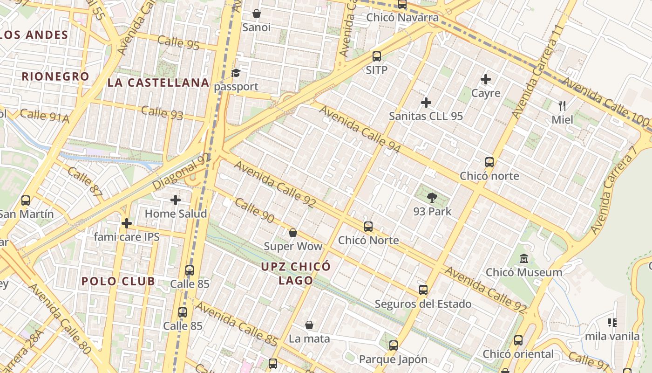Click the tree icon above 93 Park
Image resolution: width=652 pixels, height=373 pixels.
(432, 198)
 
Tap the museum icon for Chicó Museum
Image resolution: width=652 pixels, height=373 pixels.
(524, 258)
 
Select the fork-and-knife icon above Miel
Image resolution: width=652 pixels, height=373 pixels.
(562, 106)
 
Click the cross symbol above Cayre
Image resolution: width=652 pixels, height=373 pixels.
(486, 79)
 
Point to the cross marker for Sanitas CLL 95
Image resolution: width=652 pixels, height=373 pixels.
(426, 103)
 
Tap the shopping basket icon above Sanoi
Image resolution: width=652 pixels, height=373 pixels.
(256, 14)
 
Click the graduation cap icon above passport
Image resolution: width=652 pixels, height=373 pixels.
(236, 73)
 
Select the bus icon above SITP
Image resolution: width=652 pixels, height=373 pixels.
(377, 56)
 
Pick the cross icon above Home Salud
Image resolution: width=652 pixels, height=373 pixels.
(176, 200)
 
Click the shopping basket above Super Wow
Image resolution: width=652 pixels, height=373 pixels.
(293, 233)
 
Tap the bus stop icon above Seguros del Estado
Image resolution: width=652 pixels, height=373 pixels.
(423, 290)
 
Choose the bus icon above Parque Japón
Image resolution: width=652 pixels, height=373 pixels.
(394, 345)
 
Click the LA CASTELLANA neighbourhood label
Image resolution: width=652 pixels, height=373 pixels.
(158, 83)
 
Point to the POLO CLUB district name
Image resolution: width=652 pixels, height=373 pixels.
(118, 281)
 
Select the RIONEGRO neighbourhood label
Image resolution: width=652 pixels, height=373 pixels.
(55, 76)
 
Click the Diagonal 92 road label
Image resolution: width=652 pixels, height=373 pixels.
(182, 172)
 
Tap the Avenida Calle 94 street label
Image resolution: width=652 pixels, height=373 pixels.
(360, 129)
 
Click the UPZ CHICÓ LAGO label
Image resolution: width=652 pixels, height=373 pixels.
(296, 273)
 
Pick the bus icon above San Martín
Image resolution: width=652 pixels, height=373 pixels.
(26, 200)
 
